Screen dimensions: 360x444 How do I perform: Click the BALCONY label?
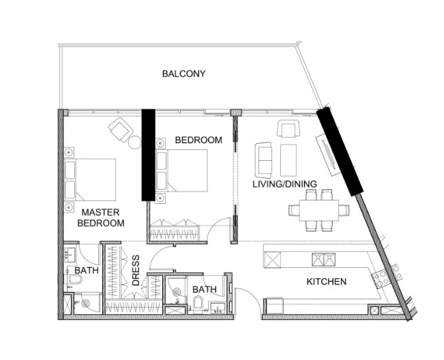(183, 74)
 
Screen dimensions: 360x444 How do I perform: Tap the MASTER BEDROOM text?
(101, 217)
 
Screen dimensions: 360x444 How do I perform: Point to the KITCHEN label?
(326, 282)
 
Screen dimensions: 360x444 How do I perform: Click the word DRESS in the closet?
(136, 271)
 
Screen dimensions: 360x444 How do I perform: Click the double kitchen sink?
(323, 259)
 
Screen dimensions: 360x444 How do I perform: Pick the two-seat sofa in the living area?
(263, 157)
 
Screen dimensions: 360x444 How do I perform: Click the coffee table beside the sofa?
(288, 159)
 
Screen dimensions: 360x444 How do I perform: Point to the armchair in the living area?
(287, 128)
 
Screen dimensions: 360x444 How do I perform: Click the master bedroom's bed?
(91, 179)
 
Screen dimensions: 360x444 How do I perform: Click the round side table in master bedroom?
(135, 142)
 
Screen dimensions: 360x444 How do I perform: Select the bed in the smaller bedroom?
(183, 170)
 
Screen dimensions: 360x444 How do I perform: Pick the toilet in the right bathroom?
(198, 303)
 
